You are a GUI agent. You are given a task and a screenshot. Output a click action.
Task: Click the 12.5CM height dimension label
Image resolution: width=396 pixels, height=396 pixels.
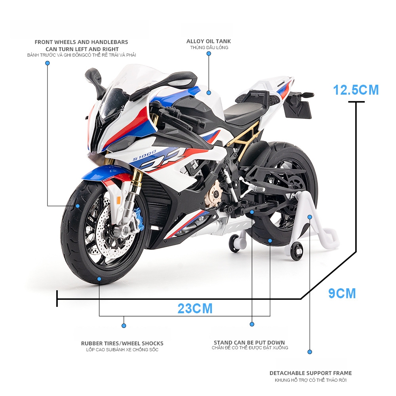point(356,90)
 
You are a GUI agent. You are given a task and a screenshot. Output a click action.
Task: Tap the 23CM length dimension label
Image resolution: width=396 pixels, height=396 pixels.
point(195,308)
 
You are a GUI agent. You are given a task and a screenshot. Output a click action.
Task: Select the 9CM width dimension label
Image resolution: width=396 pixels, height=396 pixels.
point(342,293)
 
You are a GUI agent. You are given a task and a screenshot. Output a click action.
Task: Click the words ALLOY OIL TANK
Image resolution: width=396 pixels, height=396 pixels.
point(209,41)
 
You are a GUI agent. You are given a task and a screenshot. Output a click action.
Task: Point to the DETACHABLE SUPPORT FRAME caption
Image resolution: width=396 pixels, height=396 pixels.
point(310,373)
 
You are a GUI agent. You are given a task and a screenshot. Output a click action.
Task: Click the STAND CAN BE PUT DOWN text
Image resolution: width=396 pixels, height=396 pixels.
point(249,343)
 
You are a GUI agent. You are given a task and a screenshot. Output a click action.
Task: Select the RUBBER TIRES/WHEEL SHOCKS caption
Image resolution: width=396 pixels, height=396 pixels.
point(122,343)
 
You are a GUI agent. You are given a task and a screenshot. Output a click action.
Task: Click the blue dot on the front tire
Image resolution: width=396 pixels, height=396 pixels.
point(78,206)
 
